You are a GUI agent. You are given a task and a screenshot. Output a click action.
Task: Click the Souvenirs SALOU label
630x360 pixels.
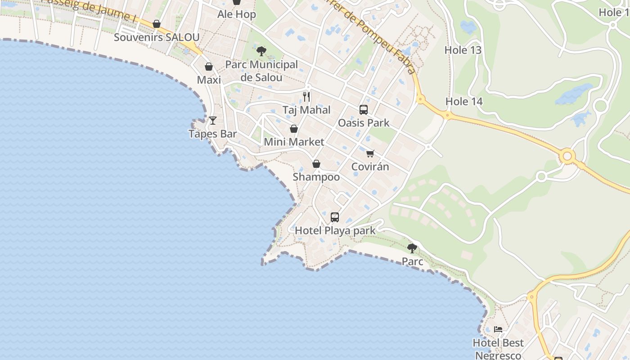[x=156, y=37]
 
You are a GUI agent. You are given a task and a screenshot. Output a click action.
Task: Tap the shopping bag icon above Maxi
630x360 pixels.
[x=209, y=67]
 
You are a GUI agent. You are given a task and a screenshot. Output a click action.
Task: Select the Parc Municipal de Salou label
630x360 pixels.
[x=261, y=71]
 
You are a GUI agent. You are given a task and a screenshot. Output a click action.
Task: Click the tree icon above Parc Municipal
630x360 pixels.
[x=261, y=51]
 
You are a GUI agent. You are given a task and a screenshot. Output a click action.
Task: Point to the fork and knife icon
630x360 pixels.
[x=306, y=97]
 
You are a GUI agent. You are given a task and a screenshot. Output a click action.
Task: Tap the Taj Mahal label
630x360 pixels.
[x=306, y=110]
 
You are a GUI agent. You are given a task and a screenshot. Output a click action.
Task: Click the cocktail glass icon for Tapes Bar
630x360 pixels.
[x=213, y=121]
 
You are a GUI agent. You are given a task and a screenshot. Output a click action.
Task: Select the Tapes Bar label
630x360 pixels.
[x=212, y=134]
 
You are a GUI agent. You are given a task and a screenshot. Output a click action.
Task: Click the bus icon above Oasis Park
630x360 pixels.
[x=364, y=109]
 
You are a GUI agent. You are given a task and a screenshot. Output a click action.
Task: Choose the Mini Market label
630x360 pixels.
[x=294, y=142]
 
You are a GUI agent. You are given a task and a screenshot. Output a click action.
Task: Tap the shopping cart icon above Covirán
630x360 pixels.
[x=370, y=154]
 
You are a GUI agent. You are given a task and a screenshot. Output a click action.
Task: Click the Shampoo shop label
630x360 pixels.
[x=316, y=177]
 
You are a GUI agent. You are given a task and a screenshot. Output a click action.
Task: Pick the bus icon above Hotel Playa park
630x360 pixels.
[x=335, y=217]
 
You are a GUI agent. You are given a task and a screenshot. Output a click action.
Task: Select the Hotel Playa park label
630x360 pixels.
[x=335, y=231]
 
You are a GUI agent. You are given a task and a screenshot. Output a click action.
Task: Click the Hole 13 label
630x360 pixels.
[x=463, y=50]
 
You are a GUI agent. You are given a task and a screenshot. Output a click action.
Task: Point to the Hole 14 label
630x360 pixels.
[x=464, y=102]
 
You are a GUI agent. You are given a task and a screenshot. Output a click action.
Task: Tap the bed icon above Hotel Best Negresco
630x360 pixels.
[x=498, y=329]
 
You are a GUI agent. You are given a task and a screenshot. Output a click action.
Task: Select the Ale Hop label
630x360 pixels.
[x=237, y=14]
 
